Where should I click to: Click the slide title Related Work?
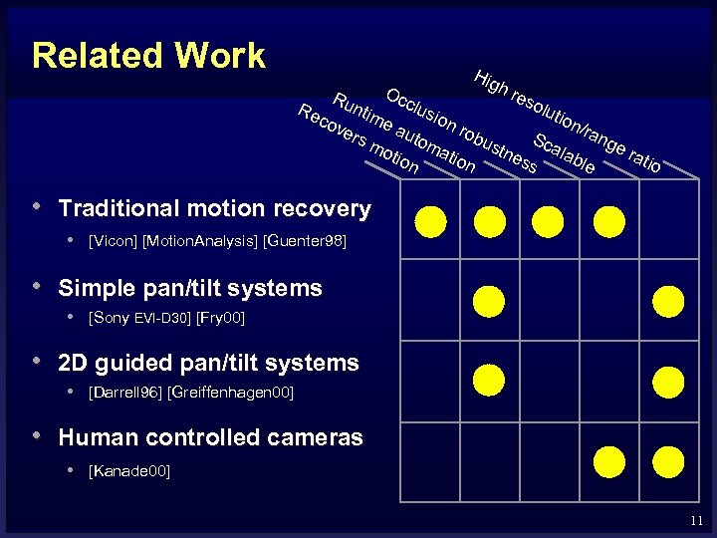148,56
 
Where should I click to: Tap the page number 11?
695,520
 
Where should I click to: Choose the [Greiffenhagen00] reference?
232,393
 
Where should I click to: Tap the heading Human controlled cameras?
211,437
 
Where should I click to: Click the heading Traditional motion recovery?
215,209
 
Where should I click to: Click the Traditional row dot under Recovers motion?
430,220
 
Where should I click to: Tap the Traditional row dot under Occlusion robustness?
549,220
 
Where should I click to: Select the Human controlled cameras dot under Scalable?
608,459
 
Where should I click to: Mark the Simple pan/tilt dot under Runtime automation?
489,300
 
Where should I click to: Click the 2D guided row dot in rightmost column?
668,379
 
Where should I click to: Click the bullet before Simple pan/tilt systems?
36,286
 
